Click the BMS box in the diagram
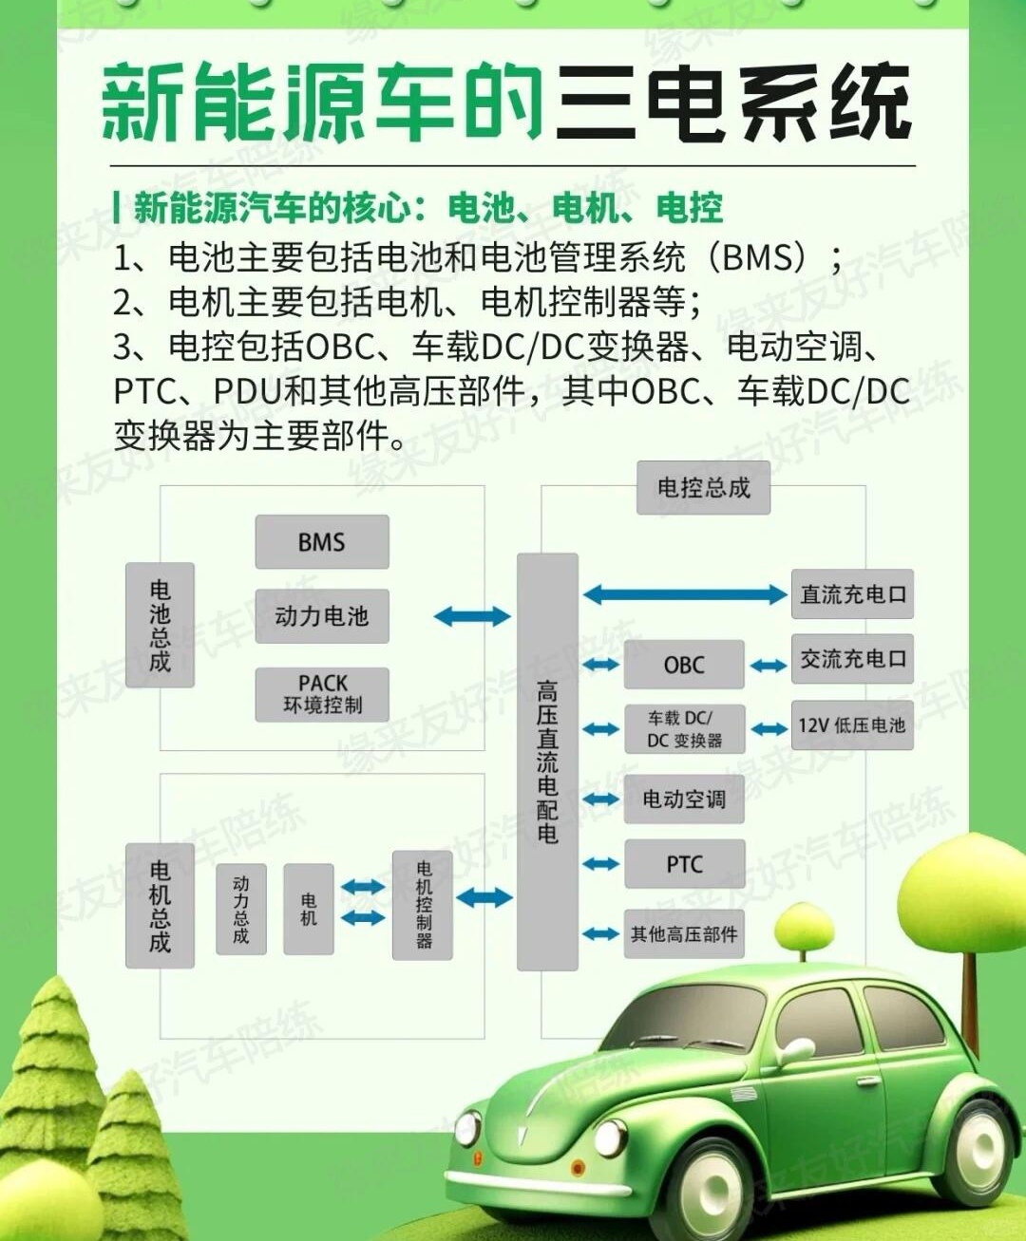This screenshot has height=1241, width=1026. [322, 542]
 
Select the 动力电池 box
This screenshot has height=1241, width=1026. [322, 616]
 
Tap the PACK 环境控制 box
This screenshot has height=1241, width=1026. [322, 694]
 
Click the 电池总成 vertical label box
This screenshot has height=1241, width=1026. [160, 625]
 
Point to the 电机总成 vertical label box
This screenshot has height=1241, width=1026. [160, 906]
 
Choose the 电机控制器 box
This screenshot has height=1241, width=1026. [423, 905]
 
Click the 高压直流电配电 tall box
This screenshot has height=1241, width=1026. [547, 762]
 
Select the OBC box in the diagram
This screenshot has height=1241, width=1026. [684, 665]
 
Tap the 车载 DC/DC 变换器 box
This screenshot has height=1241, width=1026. [684, 729]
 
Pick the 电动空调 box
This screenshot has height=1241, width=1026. [684, 799]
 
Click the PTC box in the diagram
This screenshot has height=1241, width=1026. [684, 864]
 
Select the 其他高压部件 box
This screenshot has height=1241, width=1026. [684, 934]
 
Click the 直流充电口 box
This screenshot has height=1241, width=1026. [852, 594]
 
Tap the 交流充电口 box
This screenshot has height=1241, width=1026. [852, 659]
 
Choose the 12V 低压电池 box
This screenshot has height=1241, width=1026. [852, 725]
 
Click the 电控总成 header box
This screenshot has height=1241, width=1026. [703, 488]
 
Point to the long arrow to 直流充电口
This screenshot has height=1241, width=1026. [684, 595]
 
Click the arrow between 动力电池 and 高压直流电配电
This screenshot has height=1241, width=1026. [472, 616]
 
